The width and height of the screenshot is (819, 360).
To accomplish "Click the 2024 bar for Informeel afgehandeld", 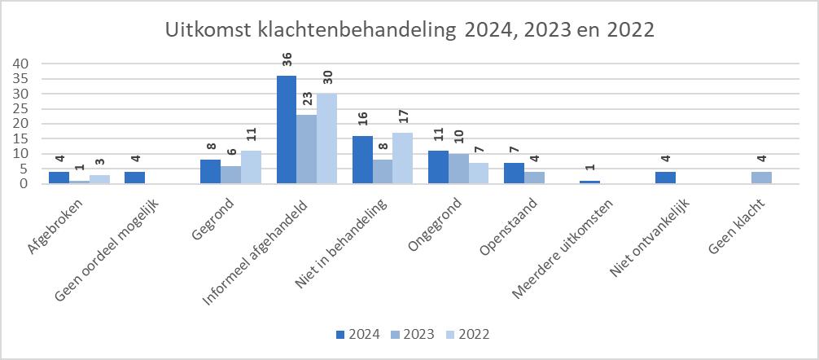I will (287, 130).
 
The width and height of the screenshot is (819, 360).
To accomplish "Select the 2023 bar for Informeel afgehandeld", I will (306, 150).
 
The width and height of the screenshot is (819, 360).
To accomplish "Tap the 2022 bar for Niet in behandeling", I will (402, 159).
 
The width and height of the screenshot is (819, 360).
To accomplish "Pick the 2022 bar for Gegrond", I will (250, 168).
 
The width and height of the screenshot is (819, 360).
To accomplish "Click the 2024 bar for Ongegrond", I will (438, 168).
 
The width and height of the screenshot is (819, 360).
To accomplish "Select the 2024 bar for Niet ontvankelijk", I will (665, 178).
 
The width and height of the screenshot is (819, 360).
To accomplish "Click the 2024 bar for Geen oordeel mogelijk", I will (134, 178).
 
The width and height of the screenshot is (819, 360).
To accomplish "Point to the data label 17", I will (402, 121).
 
